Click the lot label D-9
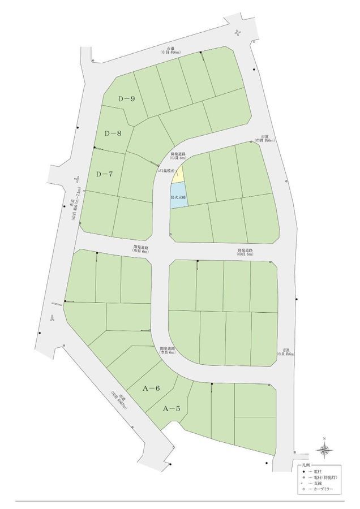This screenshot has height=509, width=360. [x=126, y=99]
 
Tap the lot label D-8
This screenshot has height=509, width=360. [x=113, y=133]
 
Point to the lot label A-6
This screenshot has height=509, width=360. [x=152, y=388]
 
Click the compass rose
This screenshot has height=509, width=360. [x=324, y=450]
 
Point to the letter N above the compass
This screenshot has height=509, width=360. [x=324, y=439]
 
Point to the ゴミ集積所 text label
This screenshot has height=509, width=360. [x=167, y=170]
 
